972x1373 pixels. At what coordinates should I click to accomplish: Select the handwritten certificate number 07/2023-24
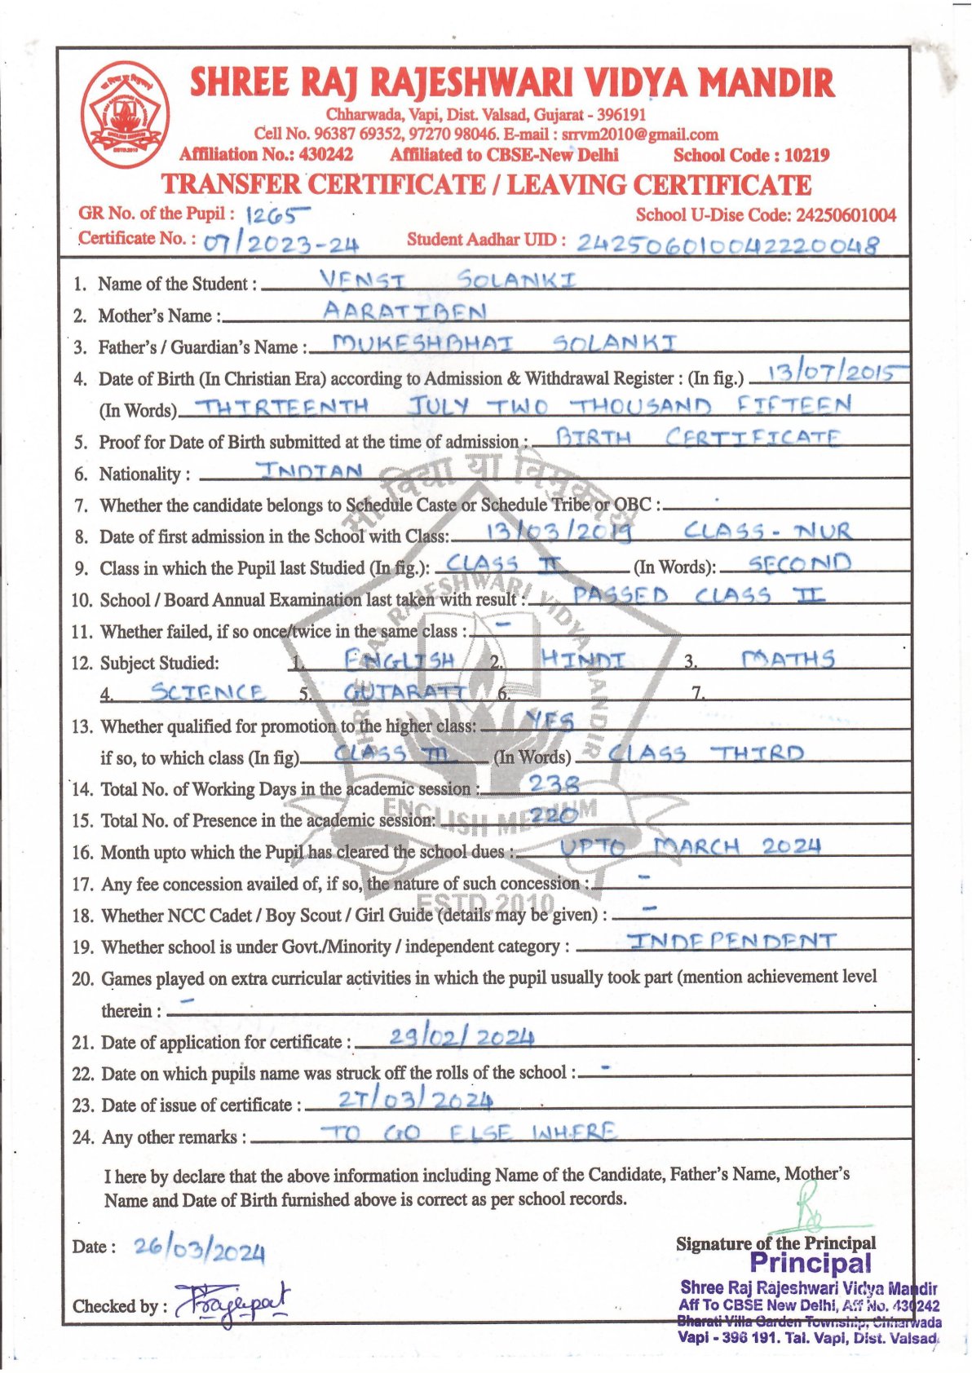(281, 243)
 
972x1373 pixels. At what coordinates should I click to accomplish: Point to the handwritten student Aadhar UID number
(727, 244)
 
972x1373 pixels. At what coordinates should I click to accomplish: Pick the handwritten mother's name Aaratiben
(405, 311)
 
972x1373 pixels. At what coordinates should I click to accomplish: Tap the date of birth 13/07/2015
(826, 373)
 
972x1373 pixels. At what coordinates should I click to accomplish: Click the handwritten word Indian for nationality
(310, 471)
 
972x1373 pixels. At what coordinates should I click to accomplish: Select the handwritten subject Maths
(788, 659)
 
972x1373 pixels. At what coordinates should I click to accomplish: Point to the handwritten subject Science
(207, 692)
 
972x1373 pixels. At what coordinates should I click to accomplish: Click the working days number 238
(554, 784)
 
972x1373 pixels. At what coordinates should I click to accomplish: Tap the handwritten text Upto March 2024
(690, 847)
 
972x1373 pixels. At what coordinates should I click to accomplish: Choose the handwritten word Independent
(731, 942)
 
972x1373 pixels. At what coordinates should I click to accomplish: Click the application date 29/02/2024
(461, 1037)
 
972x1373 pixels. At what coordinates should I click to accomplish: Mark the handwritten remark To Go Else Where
(468, 1132)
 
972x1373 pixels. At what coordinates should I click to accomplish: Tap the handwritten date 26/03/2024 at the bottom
(199, 1248)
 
